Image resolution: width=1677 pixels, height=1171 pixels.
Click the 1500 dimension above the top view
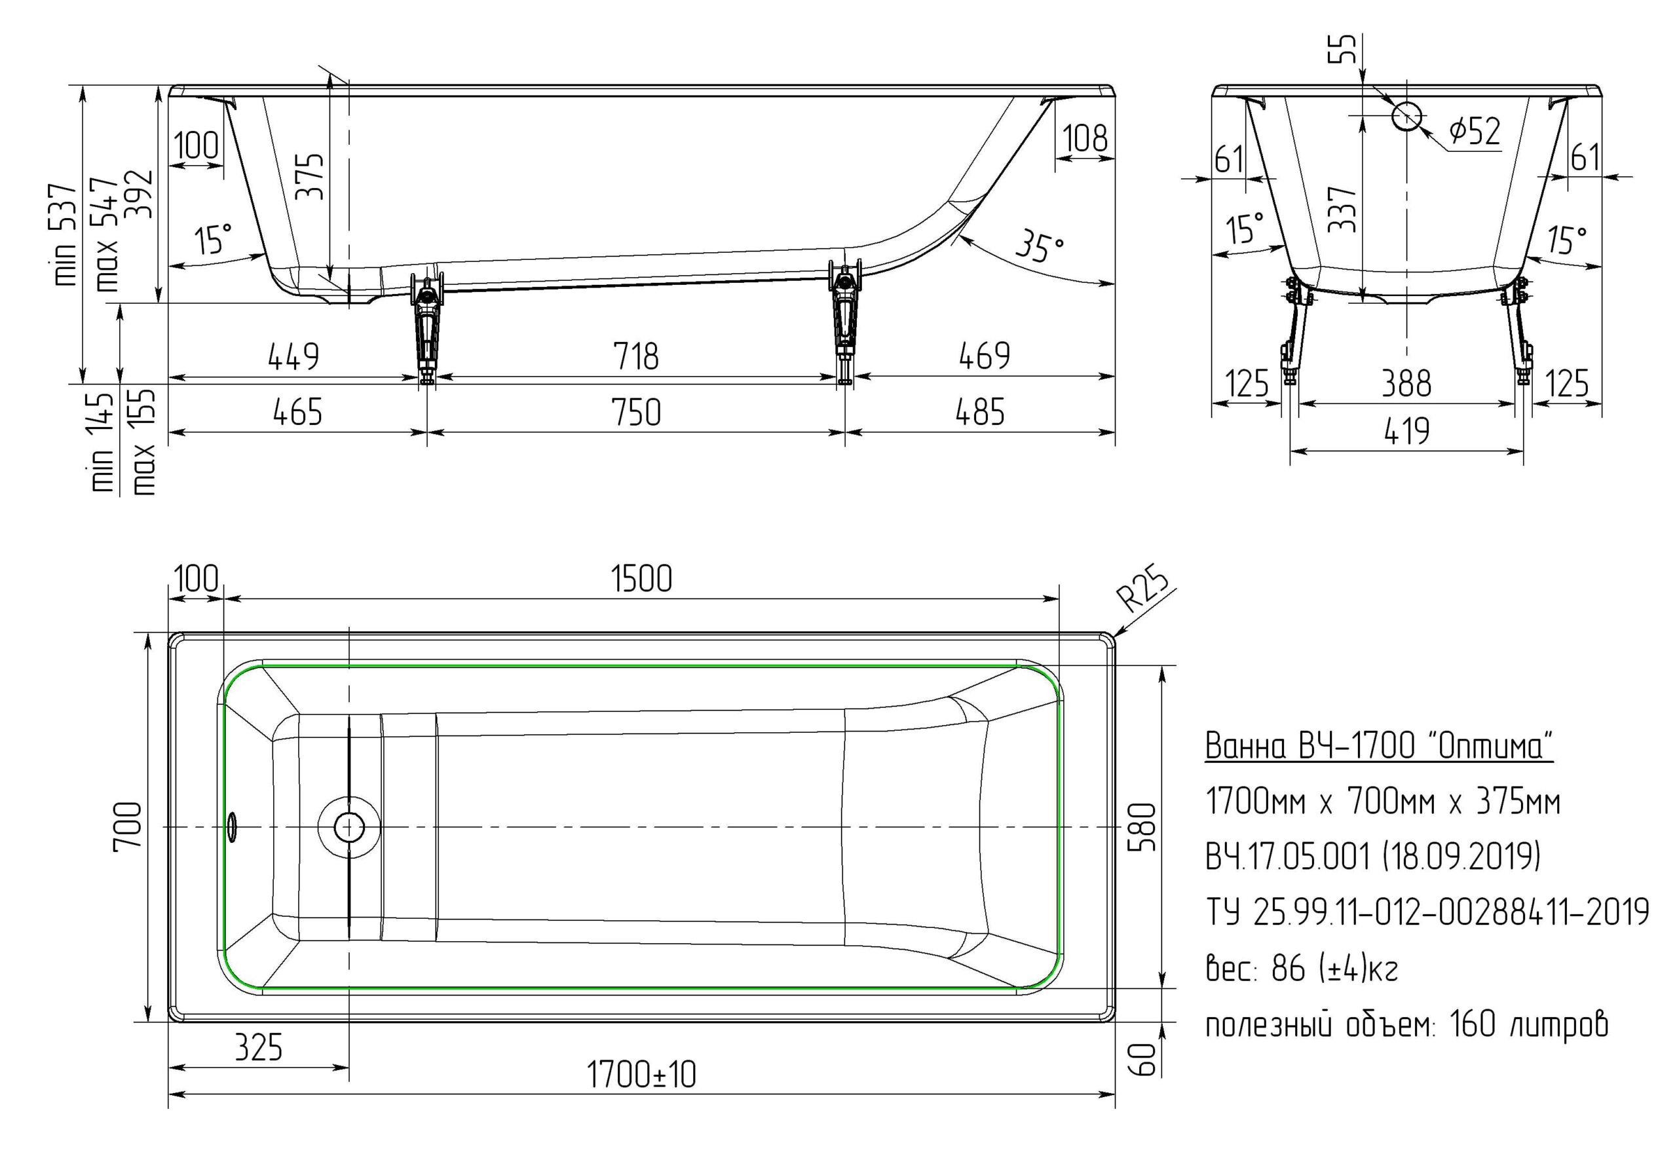click(x=641, y=579)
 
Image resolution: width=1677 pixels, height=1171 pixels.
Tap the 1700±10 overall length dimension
click(x=641, y=1074)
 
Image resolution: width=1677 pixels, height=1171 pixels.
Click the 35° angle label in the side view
click(x=1040, y=247)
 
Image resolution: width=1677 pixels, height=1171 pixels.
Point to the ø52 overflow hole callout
click(x=1475, y=131)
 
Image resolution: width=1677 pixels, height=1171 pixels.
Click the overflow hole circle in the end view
click(x=1406, y=115)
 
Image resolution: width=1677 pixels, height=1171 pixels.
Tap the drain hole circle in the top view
click(x=349, y=827)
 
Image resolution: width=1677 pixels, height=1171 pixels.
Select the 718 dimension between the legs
click(x=635, y=356)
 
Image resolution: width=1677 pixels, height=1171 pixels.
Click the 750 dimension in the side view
click(x=636, y=413)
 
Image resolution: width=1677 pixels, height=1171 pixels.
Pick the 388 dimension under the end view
click(x=1406, y=384)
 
